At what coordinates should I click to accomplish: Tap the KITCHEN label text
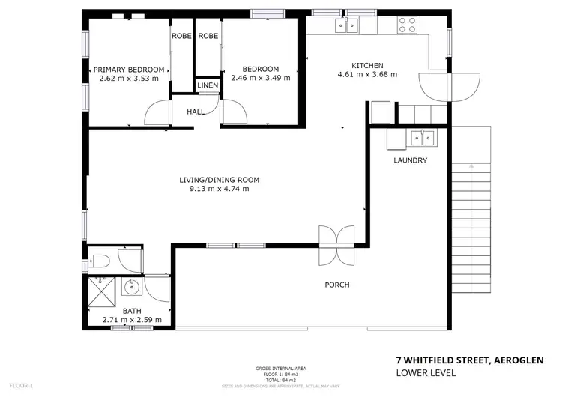click(367, 65)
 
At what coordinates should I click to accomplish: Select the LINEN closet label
click(208, 86)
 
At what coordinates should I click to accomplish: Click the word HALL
click(196, 112)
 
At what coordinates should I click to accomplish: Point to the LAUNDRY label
click(410, 160)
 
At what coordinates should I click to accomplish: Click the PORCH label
click(336, 285)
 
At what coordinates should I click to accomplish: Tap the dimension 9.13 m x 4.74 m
click(219, 189)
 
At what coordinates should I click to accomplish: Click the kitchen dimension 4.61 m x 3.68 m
click(367, 75)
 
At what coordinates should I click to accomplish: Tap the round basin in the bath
click(132, 286)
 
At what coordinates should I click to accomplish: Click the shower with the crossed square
click(100, 290)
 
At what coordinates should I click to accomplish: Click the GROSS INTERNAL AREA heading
click(281, 368)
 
